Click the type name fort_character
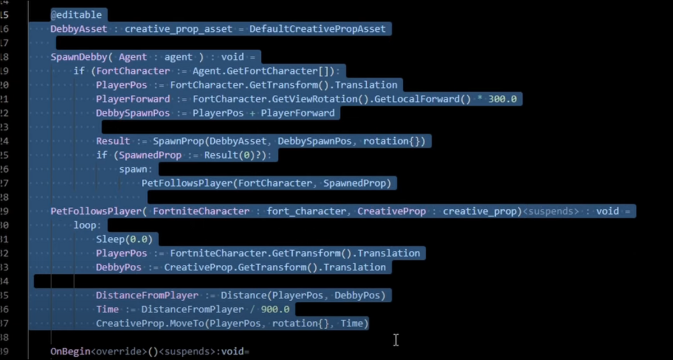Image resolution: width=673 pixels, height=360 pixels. tap(306, 211)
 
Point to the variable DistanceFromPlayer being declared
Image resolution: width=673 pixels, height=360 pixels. tap(147, 296)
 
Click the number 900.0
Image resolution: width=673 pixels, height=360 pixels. tap(275, 310)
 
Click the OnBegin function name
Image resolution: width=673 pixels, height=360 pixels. tap(70, 352)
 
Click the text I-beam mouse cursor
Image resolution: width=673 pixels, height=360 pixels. tap(396, 340)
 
